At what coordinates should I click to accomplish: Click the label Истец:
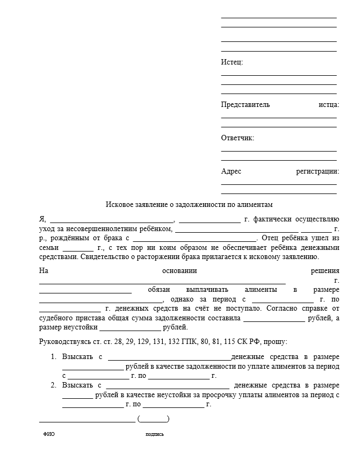click(232, 62)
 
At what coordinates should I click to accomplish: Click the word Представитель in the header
click(246, 104)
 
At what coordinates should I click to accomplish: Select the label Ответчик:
click(237, 138)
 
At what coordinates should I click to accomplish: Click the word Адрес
click(231, 171)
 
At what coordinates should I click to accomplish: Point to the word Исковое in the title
click(119, 204)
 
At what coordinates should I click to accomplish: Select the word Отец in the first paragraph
click(269, 238)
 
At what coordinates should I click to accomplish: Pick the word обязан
click(159, 290)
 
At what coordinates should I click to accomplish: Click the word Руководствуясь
click(63, 341)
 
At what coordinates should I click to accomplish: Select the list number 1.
click(53, 356)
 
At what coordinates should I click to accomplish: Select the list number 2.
click(53, 385)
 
